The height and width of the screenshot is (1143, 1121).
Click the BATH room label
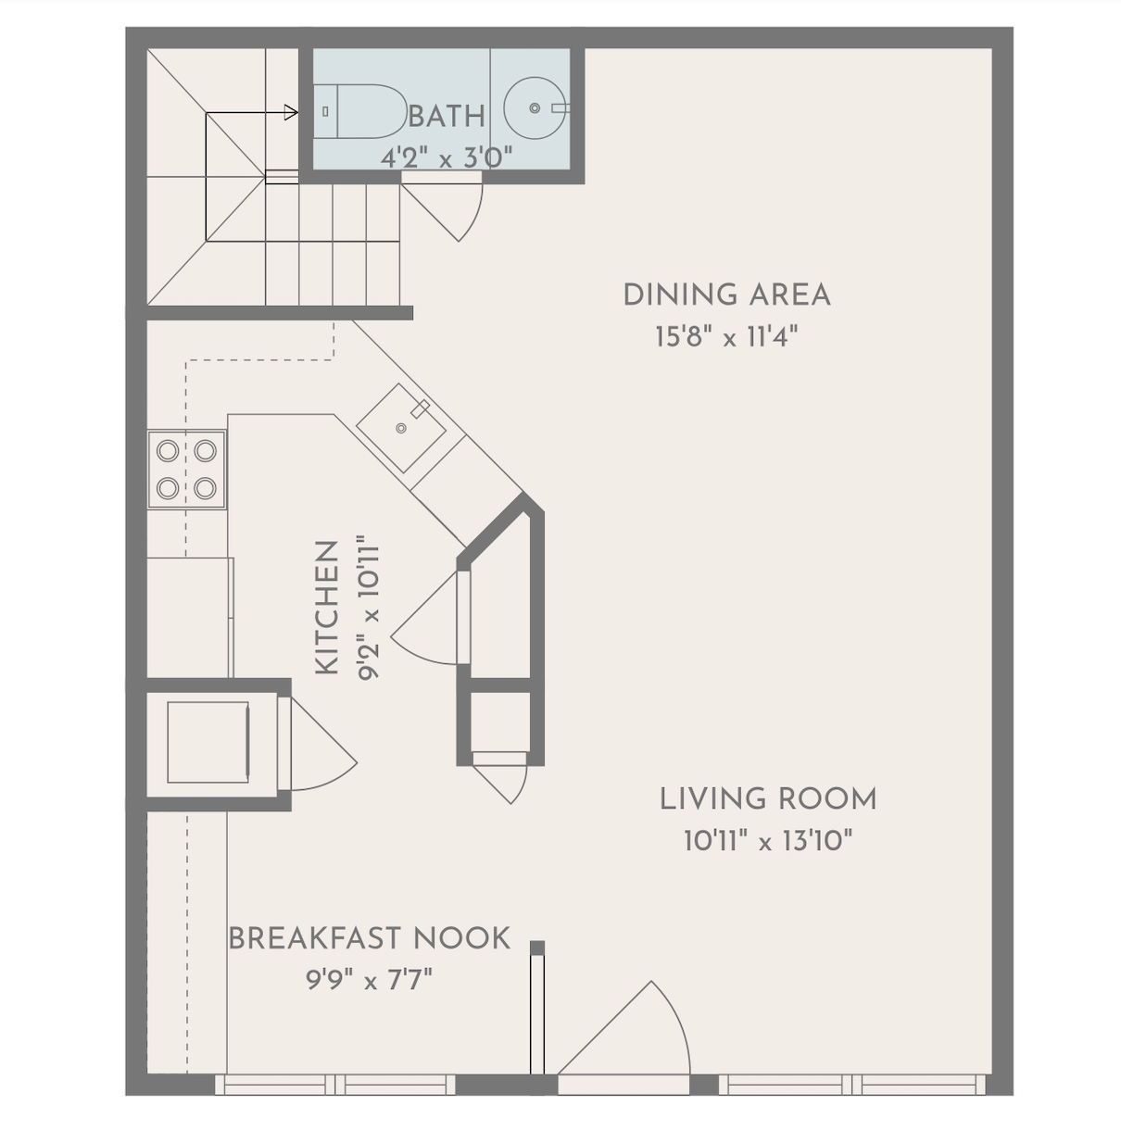[x=447, y=117]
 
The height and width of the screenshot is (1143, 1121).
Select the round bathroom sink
[x=535, y=108]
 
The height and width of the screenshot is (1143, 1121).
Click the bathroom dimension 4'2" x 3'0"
[x=446, y=158]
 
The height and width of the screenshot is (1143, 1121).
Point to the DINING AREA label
[x=726, y=295]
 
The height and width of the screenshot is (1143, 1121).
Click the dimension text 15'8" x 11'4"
[x=726, y=337]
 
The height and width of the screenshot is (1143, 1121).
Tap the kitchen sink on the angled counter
[x=401, y=428]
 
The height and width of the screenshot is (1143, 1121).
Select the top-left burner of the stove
[x=168, y=451]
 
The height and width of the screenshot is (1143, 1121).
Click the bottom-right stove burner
[x=206, y=488]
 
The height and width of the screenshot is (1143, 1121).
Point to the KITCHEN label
[x=328, y=608]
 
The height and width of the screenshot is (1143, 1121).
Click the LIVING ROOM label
[x=768, y=798]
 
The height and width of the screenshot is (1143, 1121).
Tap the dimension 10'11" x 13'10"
[x=768, y=840]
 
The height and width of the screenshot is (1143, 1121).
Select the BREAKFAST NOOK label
[x=369, y=937]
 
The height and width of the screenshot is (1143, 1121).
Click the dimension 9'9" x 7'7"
[x=369, y=979]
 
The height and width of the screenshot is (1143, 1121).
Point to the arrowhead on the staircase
[x=291, y=112]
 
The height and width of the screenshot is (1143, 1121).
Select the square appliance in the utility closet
[x=208, y=742]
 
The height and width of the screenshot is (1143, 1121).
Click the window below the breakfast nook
[x=334, y=1085]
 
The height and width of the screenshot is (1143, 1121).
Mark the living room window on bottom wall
[x=852, y=1085]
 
